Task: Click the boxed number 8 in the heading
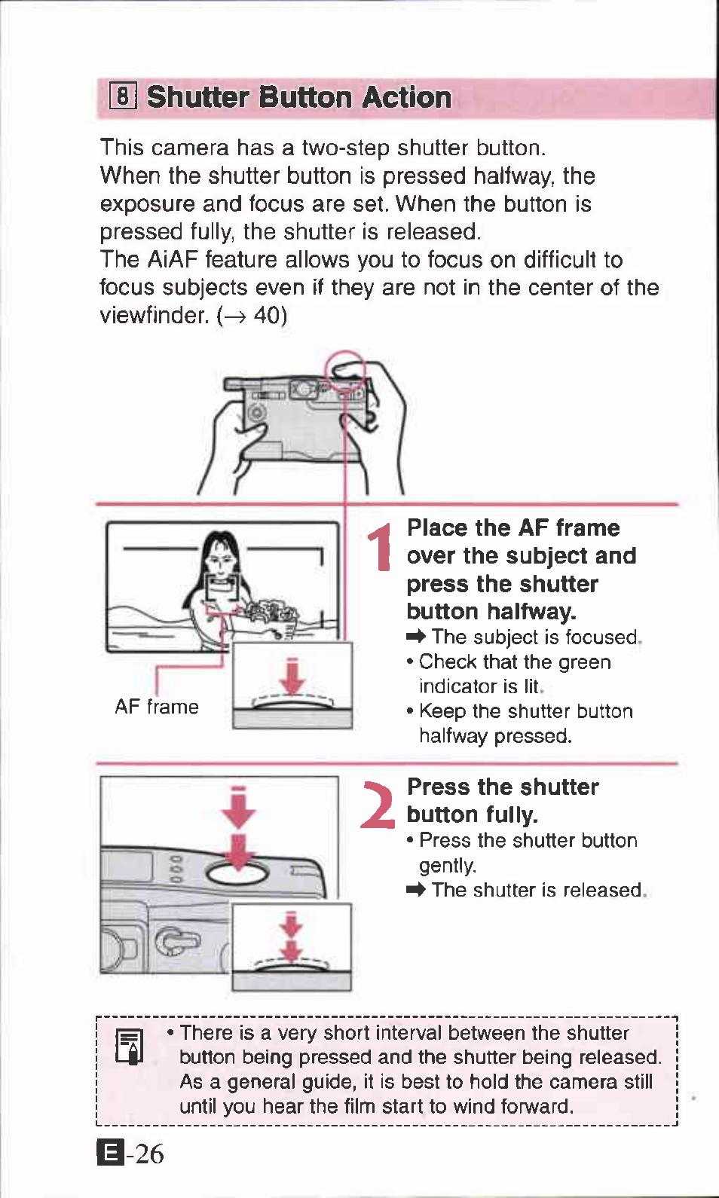[123, 96]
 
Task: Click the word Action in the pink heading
[406, 97]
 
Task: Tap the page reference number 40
[267, 315]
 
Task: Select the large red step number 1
[381, 547]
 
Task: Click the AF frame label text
[157, 707]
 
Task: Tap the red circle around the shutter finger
[344, 371]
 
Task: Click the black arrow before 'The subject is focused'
[416, 637]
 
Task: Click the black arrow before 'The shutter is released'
[416, 891]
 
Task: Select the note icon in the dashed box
[130, 1047]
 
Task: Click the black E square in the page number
[110, 1153]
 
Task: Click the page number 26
[149, 1153]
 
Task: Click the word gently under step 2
[448, 865]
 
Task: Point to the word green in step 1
[580, 662]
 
